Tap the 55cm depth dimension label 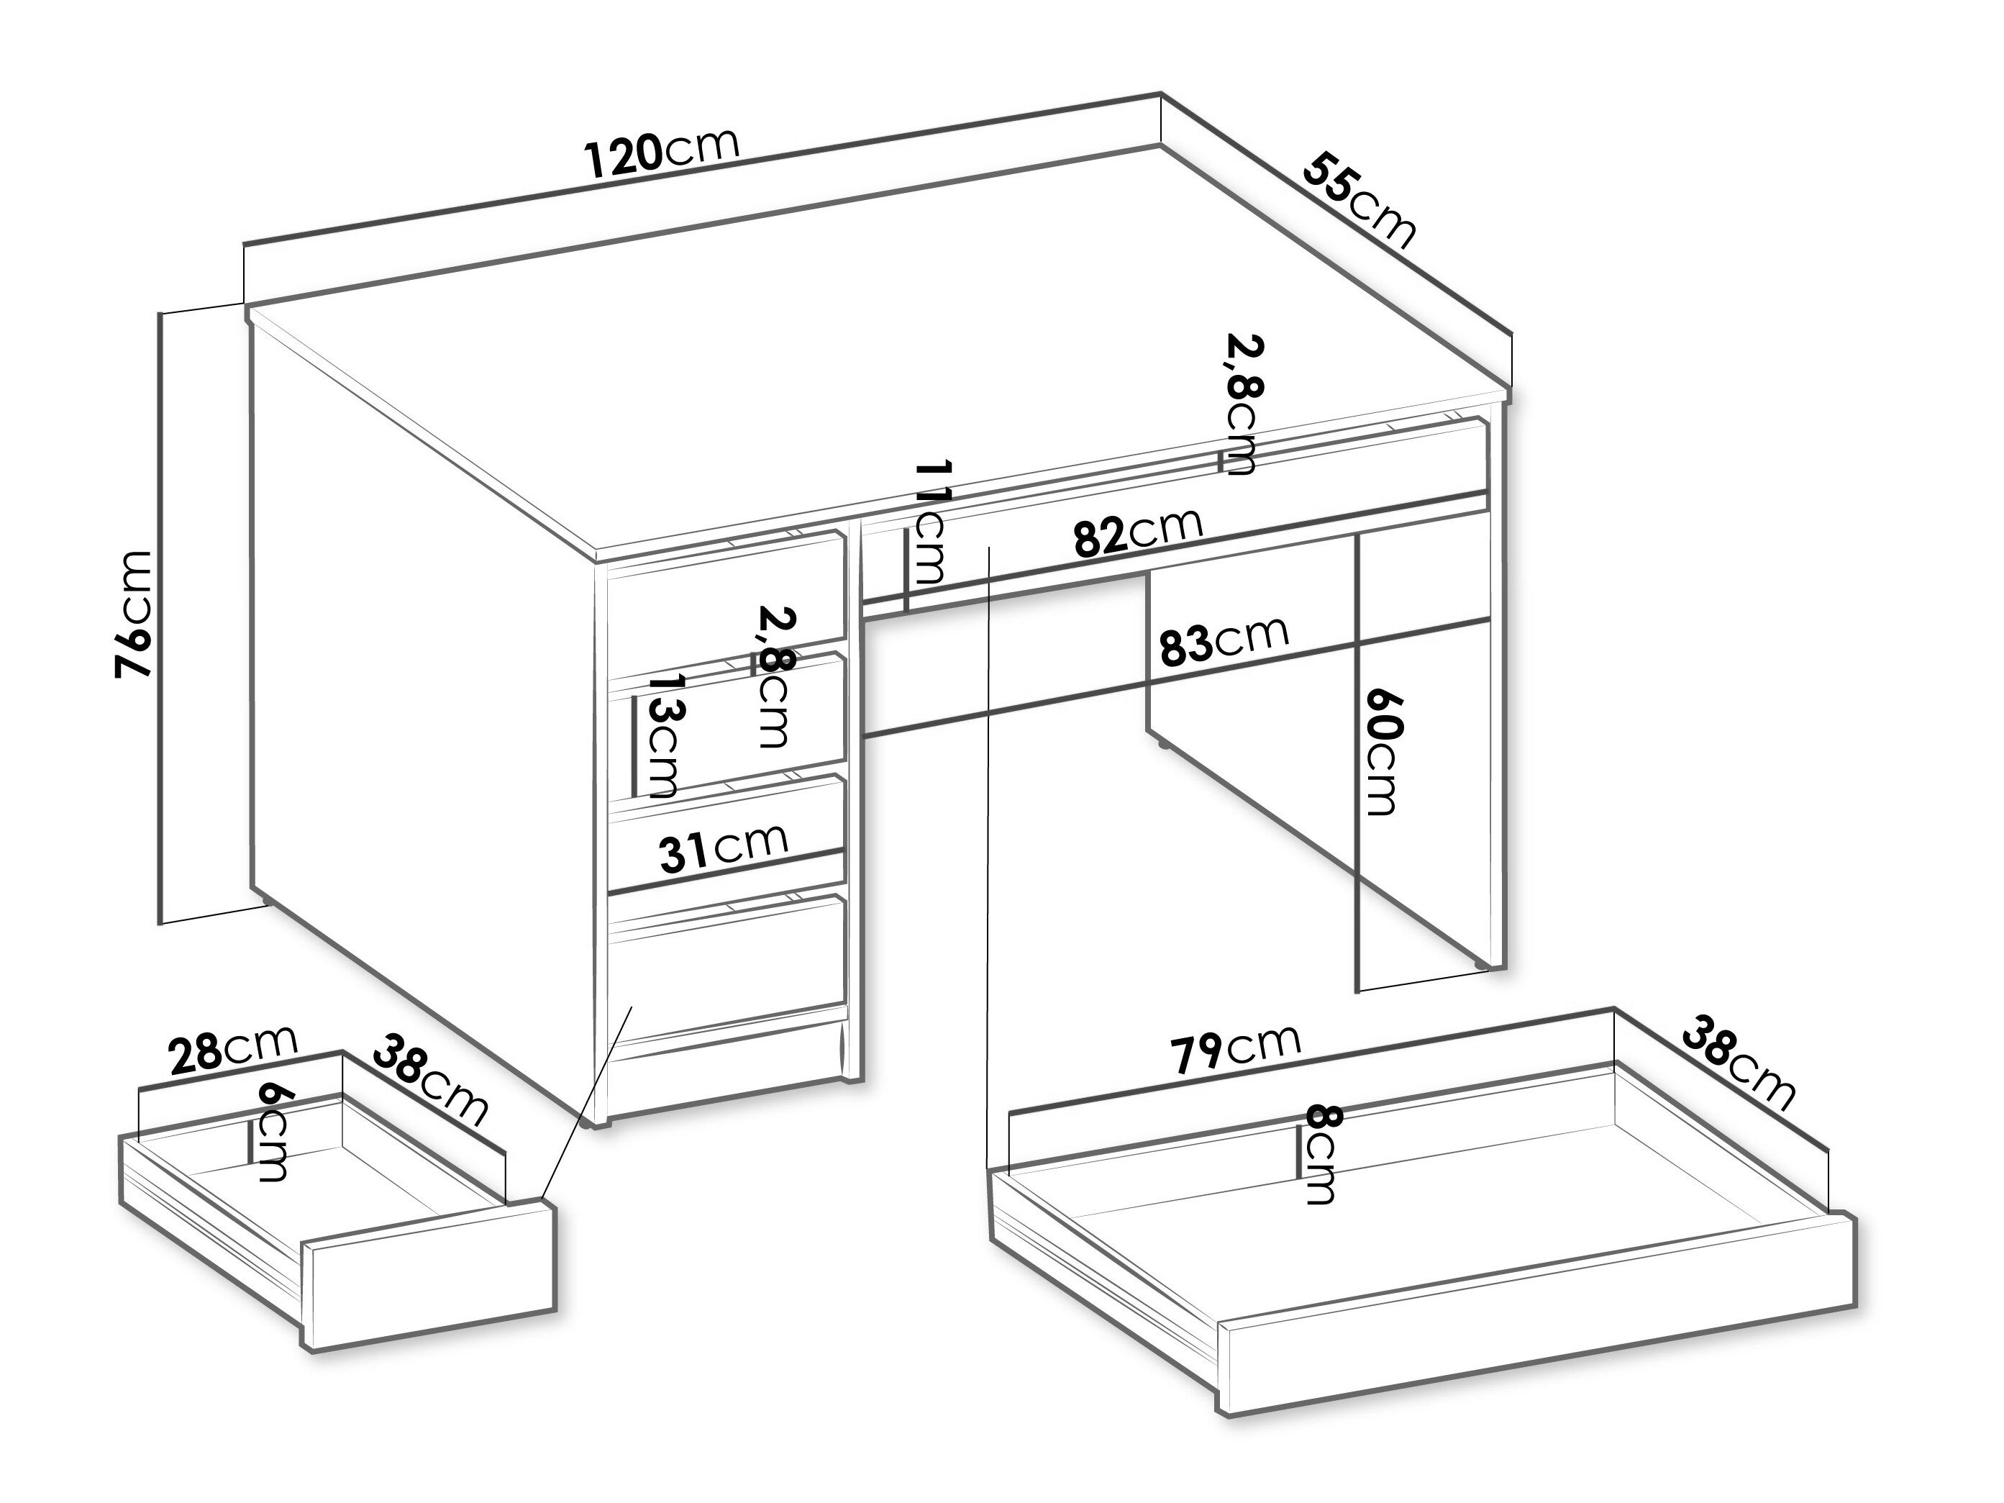click(1358, 202)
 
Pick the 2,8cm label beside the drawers click(775, 677)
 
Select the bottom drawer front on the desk click(727, 972)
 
